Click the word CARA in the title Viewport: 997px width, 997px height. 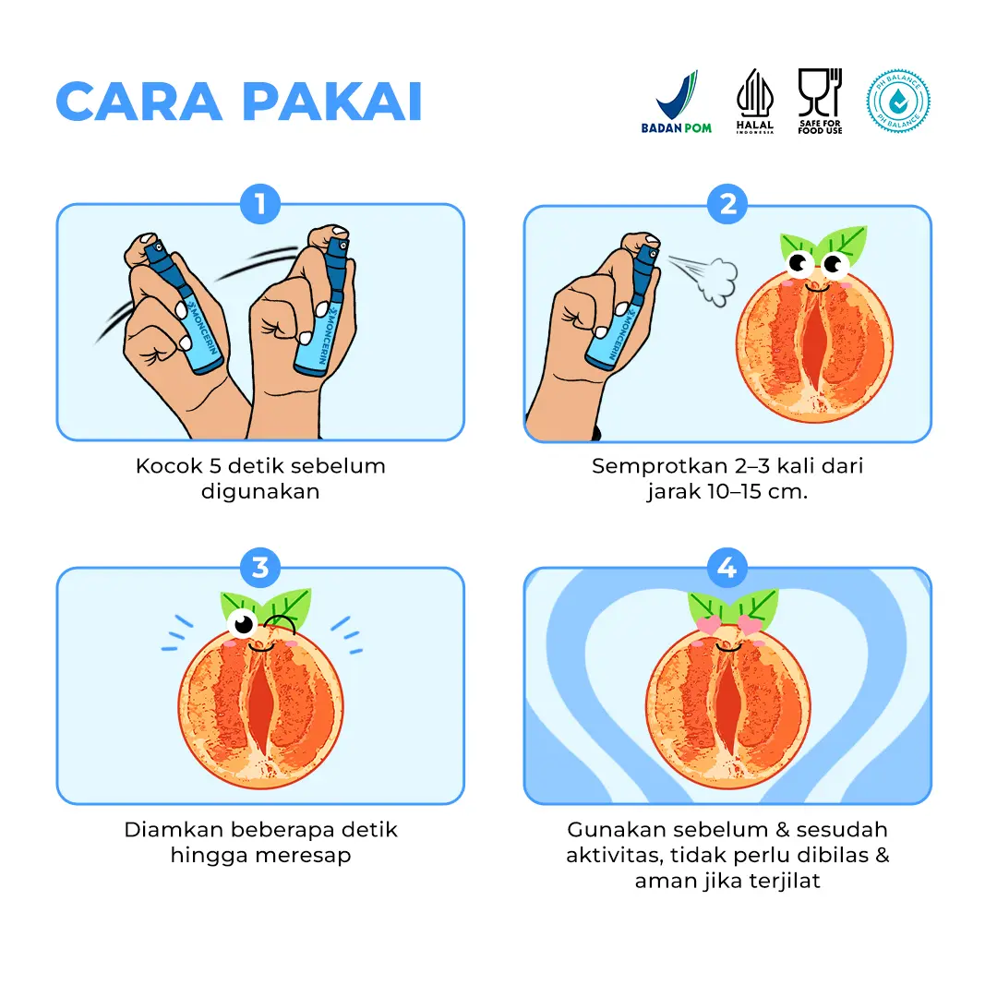139,102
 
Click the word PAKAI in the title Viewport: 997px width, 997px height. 332,102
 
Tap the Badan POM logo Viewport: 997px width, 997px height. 677,102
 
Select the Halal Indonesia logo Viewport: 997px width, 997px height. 755,102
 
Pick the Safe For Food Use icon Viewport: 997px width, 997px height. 821,102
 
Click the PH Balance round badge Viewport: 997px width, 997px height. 898,102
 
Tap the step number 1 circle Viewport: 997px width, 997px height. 260,204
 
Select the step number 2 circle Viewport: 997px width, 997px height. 727,204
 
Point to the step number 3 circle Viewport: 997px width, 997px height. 260,567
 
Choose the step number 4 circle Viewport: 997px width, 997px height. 727,567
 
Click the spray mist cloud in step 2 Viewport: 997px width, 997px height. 717,281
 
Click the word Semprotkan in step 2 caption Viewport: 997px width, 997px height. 659,467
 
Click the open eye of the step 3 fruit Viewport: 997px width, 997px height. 243,623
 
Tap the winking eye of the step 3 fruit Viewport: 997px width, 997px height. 281,623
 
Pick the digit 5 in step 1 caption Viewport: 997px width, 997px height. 215,466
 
